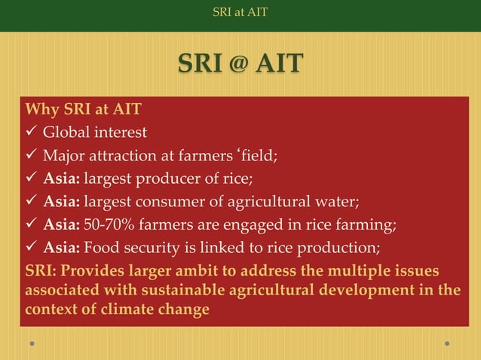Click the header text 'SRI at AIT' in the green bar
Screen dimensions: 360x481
click(240, 12)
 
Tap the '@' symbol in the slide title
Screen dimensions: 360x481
click(234, 65)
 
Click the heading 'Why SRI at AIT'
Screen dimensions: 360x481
click(83, 110)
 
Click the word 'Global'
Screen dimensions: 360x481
click(65, 133)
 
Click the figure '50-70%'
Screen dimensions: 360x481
click(108, 224)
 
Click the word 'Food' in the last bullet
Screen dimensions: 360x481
click(100, 246)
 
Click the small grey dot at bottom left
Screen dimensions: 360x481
click(32, 343)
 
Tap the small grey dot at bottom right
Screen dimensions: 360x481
click(447, 343)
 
